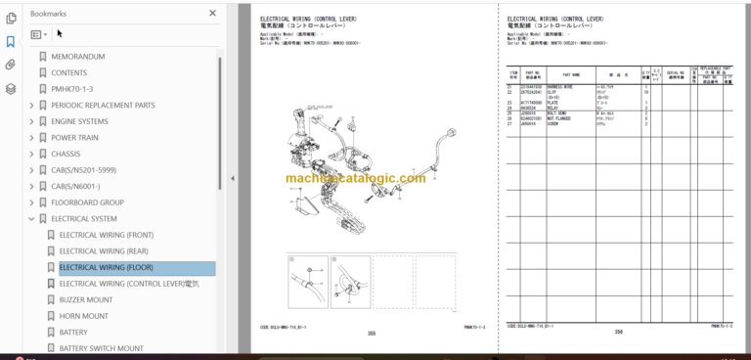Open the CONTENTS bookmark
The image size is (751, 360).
coord(69,72)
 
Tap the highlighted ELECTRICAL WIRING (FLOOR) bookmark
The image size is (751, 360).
coord(106,267)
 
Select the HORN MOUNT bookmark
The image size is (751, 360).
coord(84,316)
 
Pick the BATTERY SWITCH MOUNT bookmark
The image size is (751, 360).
coord(102,348)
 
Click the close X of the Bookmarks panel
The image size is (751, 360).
coord(213,14)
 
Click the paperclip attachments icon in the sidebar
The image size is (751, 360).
coord(11,65)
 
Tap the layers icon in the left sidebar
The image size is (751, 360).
coord(11,88)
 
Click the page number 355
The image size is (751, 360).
coord(372,334)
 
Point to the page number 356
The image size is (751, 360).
coord(618,333)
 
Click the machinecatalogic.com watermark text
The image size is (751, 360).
coord(356,178)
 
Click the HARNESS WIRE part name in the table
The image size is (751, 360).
coord(561,87)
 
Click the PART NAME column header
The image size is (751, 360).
coord(532,73)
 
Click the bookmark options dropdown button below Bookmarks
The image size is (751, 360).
coord(39,34)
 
